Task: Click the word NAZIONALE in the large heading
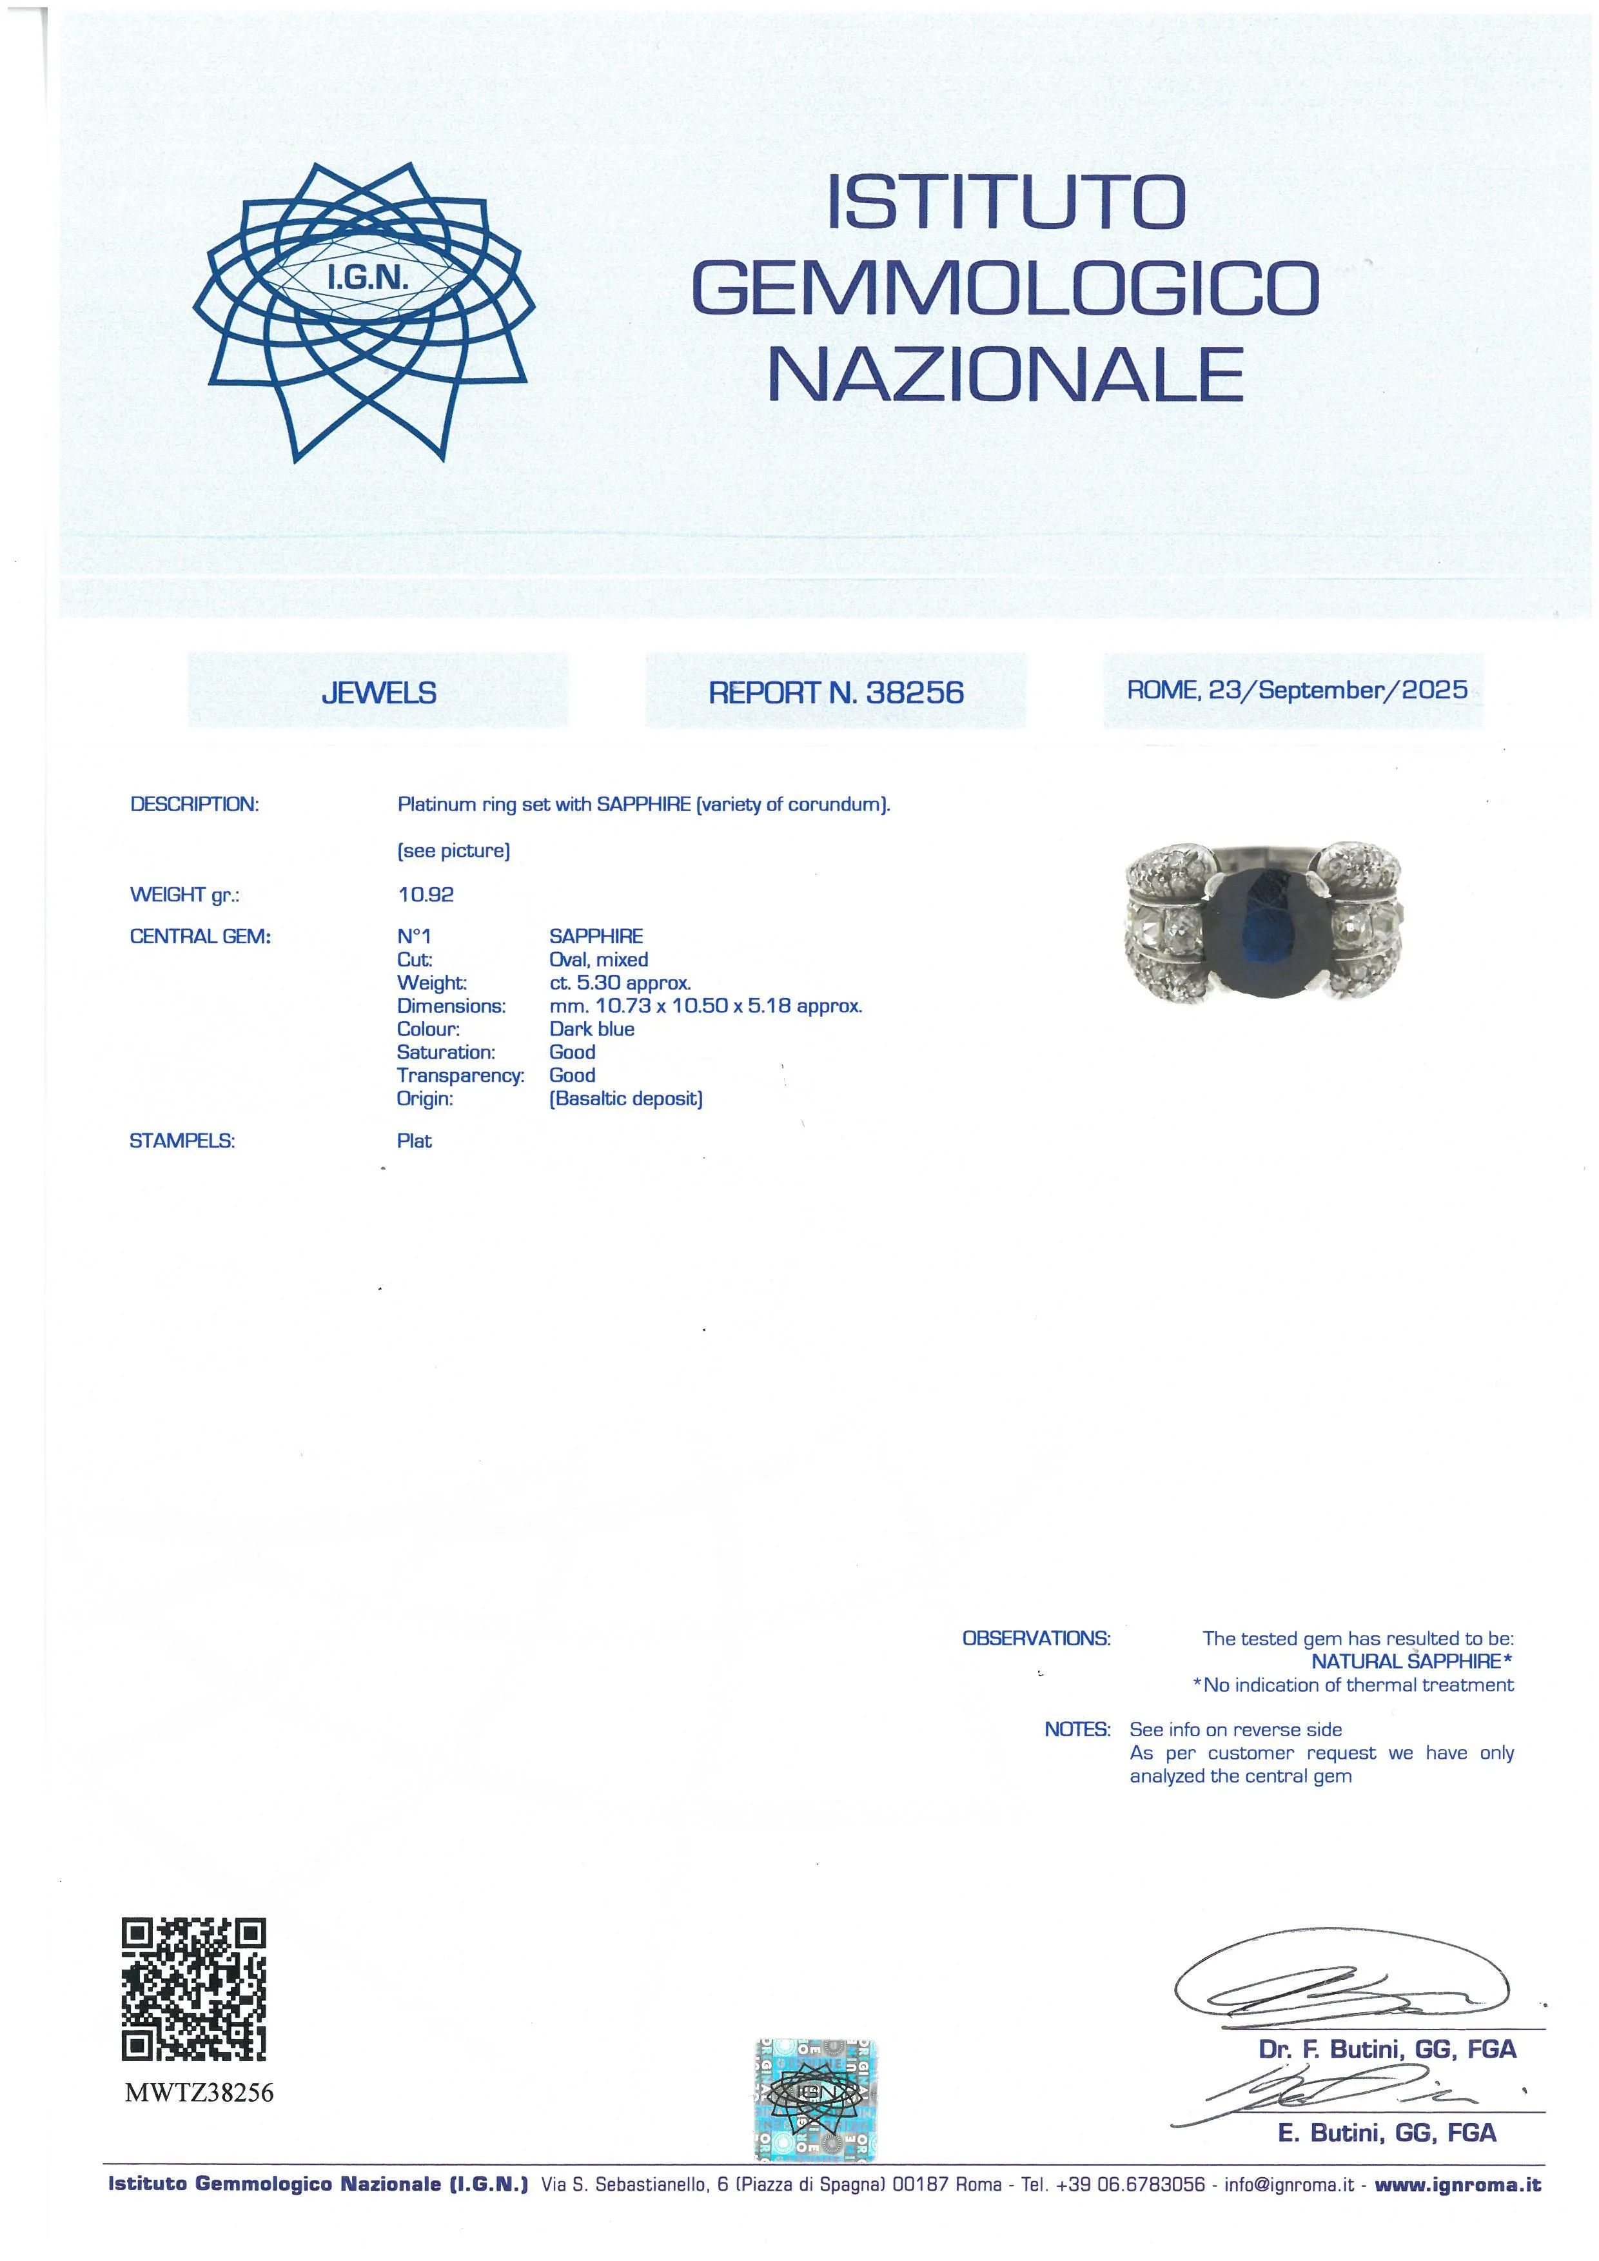(1005, 373)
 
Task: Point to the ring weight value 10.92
(426, 895)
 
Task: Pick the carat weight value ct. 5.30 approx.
(620, 983)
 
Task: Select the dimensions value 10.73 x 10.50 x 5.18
(705, 1006)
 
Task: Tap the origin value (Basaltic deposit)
(625, 1099)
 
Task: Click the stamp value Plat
(415, 1141)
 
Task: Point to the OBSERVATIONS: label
(1036, 1639)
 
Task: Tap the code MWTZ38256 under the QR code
(199, 2093)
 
